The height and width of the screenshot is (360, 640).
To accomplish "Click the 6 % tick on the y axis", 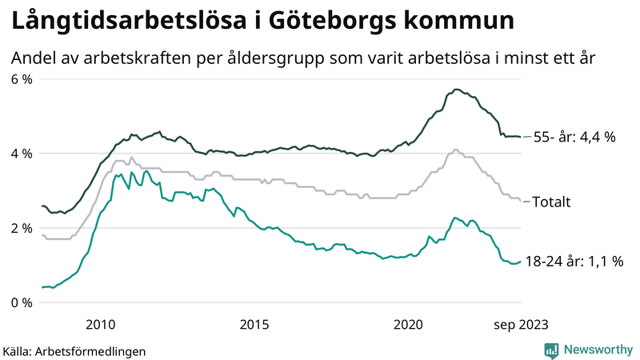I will [x=21, y=79].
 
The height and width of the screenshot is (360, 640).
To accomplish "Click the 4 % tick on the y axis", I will [x=21, y=154].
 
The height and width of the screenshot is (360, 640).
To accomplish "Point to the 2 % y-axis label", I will [x=21, y=228].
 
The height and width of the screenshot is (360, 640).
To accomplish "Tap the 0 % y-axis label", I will [x=21, y=302].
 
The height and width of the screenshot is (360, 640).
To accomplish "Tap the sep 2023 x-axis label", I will [x=520, y=324].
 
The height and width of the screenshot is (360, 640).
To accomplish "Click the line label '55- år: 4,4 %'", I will [x=574, y=137].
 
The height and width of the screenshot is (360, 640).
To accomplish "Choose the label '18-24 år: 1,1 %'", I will [x=574, y=262].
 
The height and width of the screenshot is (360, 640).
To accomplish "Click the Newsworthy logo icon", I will [x=551, y=350].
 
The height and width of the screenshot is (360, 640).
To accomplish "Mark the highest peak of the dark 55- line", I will [x=456, y=90].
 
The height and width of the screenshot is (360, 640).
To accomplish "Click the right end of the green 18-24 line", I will [x=520, y=261].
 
